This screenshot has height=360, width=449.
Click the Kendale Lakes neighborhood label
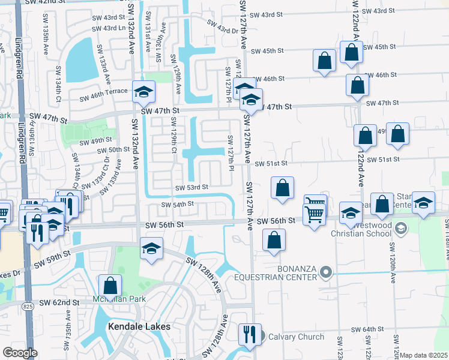(139, 326)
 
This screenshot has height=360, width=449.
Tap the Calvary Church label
(295, 337)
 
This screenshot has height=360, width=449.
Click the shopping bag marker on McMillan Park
(110, 285)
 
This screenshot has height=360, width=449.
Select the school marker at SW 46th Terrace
(144, 91)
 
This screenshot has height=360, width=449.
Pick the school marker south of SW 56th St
(151, 248)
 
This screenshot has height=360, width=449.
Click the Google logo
(20, 352)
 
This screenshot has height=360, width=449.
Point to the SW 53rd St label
(191, 187)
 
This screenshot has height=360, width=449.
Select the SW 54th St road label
(177, 204)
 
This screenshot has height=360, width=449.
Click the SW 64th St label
(367, 329)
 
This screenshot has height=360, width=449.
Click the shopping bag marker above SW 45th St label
(351, 52)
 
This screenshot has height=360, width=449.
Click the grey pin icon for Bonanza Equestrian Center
(326, 272)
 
